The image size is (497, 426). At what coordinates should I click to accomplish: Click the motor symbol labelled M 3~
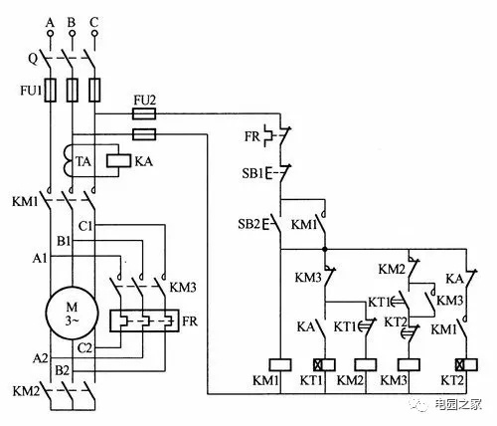tap(72, 313)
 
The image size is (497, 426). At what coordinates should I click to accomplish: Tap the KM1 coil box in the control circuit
tap(280, 364)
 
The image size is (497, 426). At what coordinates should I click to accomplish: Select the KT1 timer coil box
tap(324, 364)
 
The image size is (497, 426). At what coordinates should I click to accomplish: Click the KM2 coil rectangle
tap(366, 364)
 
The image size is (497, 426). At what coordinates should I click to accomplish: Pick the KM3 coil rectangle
tap(409, 364)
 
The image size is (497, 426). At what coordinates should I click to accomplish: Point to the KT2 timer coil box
tap(466, 364)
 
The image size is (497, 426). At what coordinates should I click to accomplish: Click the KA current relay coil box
tap(118, 160)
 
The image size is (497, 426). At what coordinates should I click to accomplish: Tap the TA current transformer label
tap(83, 161)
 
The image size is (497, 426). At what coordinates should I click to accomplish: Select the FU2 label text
tap(144, 101)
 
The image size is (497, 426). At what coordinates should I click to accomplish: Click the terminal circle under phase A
tap(51, 33)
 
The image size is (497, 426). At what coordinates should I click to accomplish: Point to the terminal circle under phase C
tap(94, 33)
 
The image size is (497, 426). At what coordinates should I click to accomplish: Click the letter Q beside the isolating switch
tap(33, 59)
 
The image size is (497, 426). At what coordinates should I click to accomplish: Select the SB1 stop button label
tap(252, 173)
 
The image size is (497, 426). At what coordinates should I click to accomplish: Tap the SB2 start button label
tap(248, 224)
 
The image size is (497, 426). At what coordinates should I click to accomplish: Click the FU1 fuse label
tap(31, 91)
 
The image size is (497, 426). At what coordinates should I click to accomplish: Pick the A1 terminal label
tap(40, 258)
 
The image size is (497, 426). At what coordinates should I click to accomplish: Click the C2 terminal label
tap(84, 348)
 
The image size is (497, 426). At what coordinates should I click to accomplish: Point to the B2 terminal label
tap(62, 370)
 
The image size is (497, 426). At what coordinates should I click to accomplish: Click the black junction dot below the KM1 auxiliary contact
tap(325, 249)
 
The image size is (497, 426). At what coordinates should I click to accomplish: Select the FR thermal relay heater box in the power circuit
tap(144, 320)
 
